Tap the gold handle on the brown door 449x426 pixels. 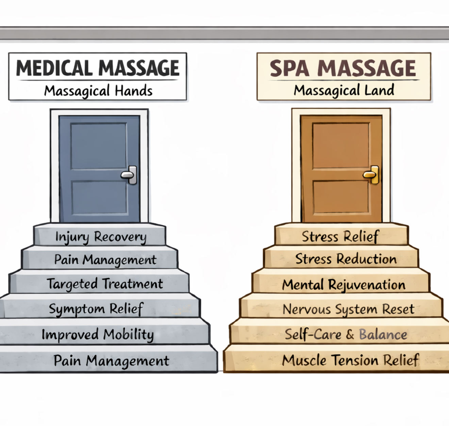click(x=371, y=175)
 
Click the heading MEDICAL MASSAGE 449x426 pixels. click(x=98, y=68)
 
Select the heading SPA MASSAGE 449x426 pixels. click(x=343, y=68)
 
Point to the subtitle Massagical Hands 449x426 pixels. click(x=98, y=91)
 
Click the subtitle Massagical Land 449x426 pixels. click(x=344, y=91)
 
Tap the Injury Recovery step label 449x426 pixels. click(x=101, y=237)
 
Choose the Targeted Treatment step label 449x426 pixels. click(x=105, y=284)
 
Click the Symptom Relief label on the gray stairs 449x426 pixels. click(x=96, y=309)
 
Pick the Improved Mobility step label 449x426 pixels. click(x=98, y=335)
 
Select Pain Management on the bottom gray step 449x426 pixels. click(x=111, y=361)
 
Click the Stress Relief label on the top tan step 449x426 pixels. click(x=340, y=236)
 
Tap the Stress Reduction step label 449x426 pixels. click(x=346, y=259)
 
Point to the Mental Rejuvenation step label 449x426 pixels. click(x=344, y=285)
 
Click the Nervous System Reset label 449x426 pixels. click(x=348, y=309)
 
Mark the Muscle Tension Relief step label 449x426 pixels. click(x=350, y=360)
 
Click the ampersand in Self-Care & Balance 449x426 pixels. click(x=350, y=335)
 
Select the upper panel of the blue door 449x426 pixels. click(x=99, y=146)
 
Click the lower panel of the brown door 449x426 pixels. click(x=341, y=197)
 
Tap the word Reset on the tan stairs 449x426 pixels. click(x=398, y=309)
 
